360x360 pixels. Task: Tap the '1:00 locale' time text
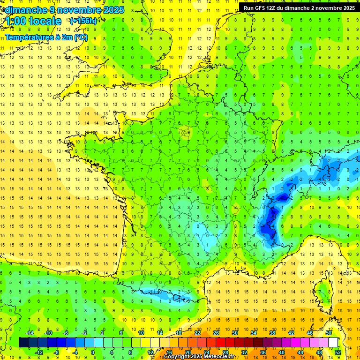[x=33, y=21]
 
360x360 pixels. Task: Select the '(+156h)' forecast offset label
[x=83, y=21]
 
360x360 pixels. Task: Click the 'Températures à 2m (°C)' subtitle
[x=46, y=37]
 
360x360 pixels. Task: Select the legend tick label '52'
[x=338, y=352]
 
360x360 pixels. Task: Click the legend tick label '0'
[x=92, y=352]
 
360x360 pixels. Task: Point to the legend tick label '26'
[x=216, y=333]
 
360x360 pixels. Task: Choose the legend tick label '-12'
[x=39, y=352]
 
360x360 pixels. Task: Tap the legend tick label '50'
[x=328, y=333]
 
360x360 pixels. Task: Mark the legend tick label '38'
[x=272, y=333]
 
